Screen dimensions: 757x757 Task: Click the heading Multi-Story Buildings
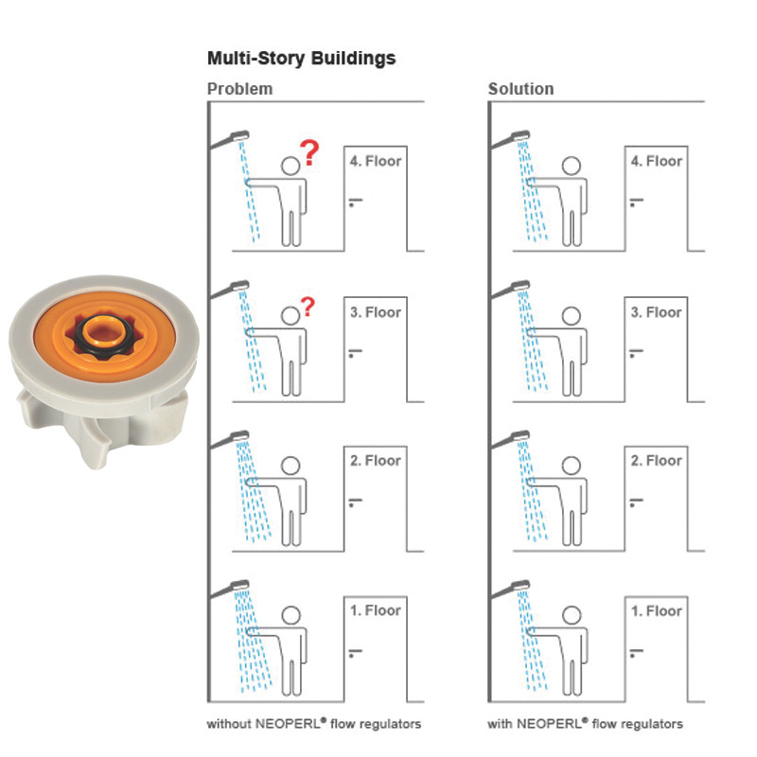click(301, 59)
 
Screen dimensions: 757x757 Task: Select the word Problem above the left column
click(239, 89)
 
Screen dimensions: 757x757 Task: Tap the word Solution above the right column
click(520, 89)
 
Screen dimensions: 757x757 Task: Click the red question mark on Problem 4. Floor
click(308, 149)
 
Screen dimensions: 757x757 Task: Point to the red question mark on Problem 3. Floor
click(308, 306)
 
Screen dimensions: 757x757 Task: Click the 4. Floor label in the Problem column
click(376, 161)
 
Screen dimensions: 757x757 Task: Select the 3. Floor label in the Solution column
click(657, 311)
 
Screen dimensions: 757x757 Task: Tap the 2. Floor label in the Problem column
click(376, 461)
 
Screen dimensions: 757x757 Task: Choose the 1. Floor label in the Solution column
click(657, 610)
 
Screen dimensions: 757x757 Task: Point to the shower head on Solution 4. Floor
click(520, 133)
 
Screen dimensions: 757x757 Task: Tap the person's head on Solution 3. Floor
click(572, 316)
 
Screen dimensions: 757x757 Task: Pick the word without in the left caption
click(228, 724)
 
